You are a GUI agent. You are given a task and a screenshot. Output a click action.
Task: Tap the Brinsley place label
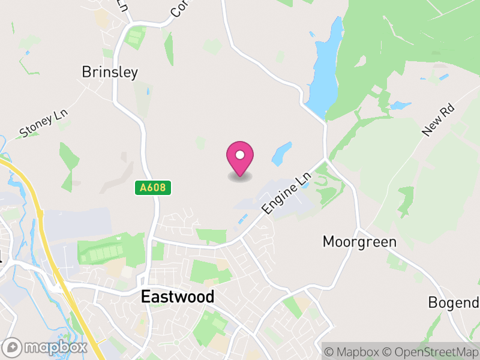pos(110,73)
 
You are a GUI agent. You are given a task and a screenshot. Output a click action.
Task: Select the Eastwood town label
pos(177,296)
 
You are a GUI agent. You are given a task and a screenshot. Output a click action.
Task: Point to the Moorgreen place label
pos(359,242)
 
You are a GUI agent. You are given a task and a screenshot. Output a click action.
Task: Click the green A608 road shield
pos(152,188)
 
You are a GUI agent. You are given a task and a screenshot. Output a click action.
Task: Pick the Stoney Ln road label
pos(44,124)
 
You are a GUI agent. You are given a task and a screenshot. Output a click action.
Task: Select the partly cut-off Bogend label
pos(453,302)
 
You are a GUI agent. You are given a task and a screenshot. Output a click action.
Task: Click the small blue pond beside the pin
pos(281,154)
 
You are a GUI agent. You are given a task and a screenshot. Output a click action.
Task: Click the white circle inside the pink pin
pos(240,155)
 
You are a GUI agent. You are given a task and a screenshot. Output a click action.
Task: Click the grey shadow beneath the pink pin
pos(240,177)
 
